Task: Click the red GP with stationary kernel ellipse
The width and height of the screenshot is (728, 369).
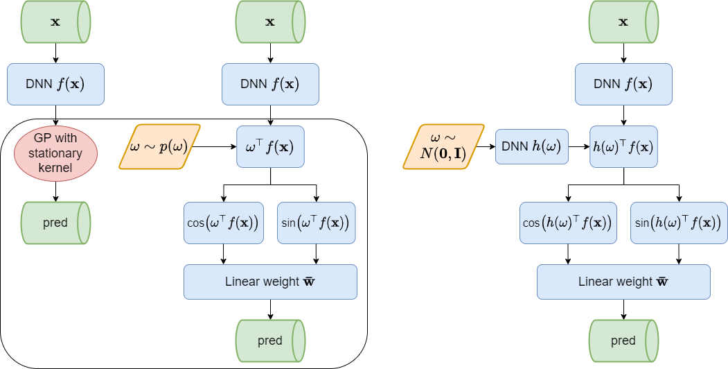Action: (55, 153)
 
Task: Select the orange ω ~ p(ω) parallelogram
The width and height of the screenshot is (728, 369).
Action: (159, 146)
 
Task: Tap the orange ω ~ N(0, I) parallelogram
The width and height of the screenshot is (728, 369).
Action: (443, 146)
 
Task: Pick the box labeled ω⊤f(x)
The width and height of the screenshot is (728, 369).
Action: (270, 146)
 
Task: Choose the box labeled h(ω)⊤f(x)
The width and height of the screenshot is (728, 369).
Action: (623, 146)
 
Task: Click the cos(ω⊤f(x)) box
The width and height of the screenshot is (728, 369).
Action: (224, 223)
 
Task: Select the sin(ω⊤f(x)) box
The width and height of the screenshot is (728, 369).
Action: (316, 223)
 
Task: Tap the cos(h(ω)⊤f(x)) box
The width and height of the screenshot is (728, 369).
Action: (568, 223)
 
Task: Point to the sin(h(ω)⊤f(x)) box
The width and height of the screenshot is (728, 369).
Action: (679, 223)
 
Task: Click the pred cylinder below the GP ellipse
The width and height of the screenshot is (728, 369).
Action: (55, 223)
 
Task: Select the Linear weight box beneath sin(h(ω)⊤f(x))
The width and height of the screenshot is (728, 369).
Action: (623, 282)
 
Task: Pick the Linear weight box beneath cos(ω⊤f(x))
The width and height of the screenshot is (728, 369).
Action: (270, 282)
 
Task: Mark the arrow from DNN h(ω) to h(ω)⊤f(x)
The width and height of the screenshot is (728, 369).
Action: (579, 147)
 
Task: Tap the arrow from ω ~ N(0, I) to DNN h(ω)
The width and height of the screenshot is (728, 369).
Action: (489, 147)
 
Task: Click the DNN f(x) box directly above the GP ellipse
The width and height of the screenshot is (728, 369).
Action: (55, 85)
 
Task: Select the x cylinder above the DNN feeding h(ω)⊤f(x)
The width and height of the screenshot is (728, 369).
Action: (623, 22)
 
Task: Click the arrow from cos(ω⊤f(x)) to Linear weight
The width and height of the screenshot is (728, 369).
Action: (224, 254)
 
